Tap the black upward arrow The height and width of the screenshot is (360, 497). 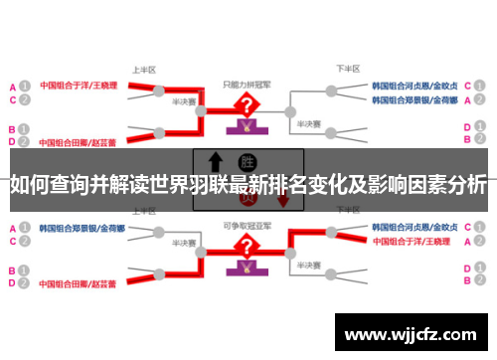tap(215, 163)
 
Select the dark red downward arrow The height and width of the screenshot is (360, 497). tap(282, 198)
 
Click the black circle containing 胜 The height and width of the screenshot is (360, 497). tap(247, 161)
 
